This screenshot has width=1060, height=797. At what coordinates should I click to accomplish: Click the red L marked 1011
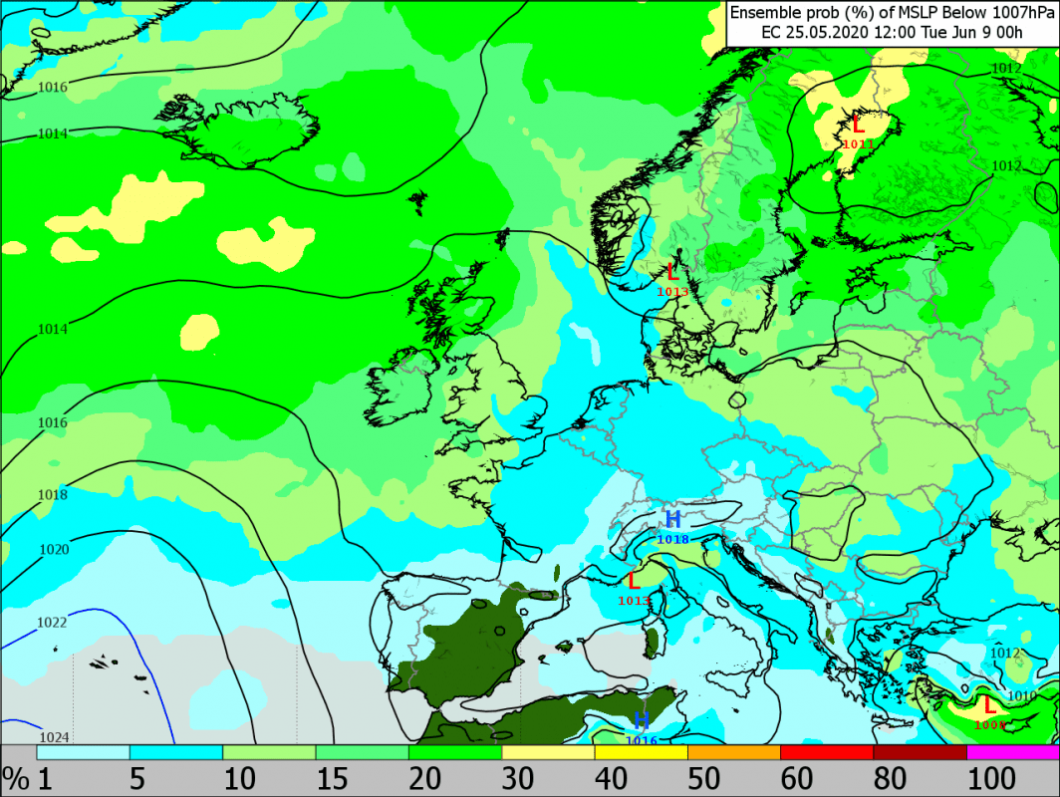pos(858,125)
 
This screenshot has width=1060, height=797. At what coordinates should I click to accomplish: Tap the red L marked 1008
pos(988,704)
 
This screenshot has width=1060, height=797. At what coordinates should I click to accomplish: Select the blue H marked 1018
pos(673,519)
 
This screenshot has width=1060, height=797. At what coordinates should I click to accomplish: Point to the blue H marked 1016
pos(642,720)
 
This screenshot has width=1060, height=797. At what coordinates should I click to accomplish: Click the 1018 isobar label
pos(52,495)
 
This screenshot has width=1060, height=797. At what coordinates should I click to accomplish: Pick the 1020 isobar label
pos(53,550)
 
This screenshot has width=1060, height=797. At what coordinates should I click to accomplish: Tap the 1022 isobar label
pos(52,623)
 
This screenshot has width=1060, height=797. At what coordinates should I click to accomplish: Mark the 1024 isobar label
pos(54,737)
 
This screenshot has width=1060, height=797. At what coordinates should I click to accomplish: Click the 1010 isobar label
pos(1022,695)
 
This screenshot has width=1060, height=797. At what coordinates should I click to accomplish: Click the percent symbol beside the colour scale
pos(14,777)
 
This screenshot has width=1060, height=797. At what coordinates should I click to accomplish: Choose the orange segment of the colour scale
pos(734,752)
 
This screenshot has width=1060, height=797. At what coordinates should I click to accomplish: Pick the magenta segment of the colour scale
pos(1012,752)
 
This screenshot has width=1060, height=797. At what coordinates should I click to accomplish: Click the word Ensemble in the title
pos(764,13)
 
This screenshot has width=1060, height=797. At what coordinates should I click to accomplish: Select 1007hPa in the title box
pos(1016,13)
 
